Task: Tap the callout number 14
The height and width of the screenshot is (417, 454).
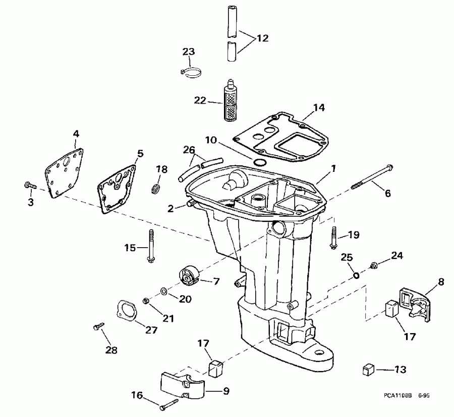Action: coord(319,107)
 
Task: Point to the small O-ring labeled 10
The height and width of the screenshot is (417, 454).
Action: coord(260,162)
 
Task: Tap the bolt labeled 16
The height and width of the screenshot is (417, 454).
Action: coord(168,404)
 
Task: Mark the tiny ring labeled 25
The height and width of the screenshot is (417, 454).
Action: coord(356,275)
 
